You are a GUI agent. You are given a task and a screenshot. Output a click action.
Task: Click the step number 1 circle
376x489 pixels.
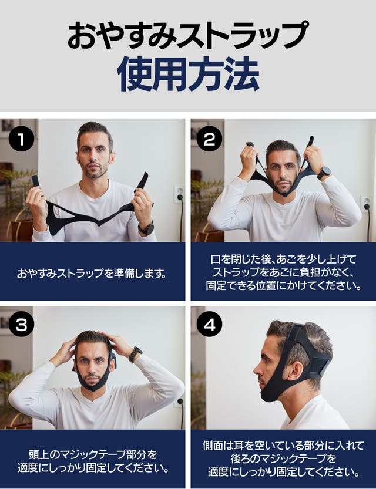[21, 139]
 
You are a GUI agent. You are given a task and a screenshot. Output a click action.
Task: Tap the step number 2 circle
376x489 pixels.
[209, 139]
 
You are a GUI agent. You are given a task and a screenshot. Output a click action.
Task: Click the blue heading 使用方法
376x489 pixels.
[188, 74]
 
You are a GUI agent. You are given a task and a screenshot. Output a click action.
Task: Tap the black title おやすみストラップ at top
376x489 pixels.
[188, 35]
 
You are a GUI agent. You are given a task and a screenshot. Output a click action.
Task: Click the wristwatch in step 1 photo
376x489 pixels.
[146, 228]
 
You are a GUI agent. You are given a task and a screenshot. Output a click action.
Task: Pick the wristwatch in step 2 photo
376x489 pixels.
[324, 173]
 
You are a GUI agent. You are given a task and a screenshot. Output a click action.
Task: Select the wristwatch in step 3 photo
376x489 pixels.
[135, 355]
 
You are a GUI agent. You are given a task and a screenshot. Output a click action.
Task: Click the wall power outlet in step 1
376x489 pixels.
[179, 194]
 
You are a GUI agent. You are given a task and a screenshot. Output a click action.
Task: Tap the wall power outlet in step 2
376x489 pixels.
[366, 204]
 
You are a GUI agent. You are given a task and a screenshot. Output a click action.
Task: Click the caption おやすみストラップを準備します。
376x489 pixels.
[92, 274]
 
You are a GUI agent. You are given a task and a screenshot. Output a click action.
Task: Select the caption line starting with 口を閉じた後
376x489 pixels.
[283, 259]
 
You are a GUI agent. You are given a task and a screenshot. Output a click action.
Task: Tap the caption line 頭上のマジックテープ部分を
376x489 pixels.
[92, 454]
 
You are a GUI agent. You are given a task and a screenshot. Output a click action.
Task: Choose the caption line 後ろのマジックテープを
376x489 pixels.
[283, 458]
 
